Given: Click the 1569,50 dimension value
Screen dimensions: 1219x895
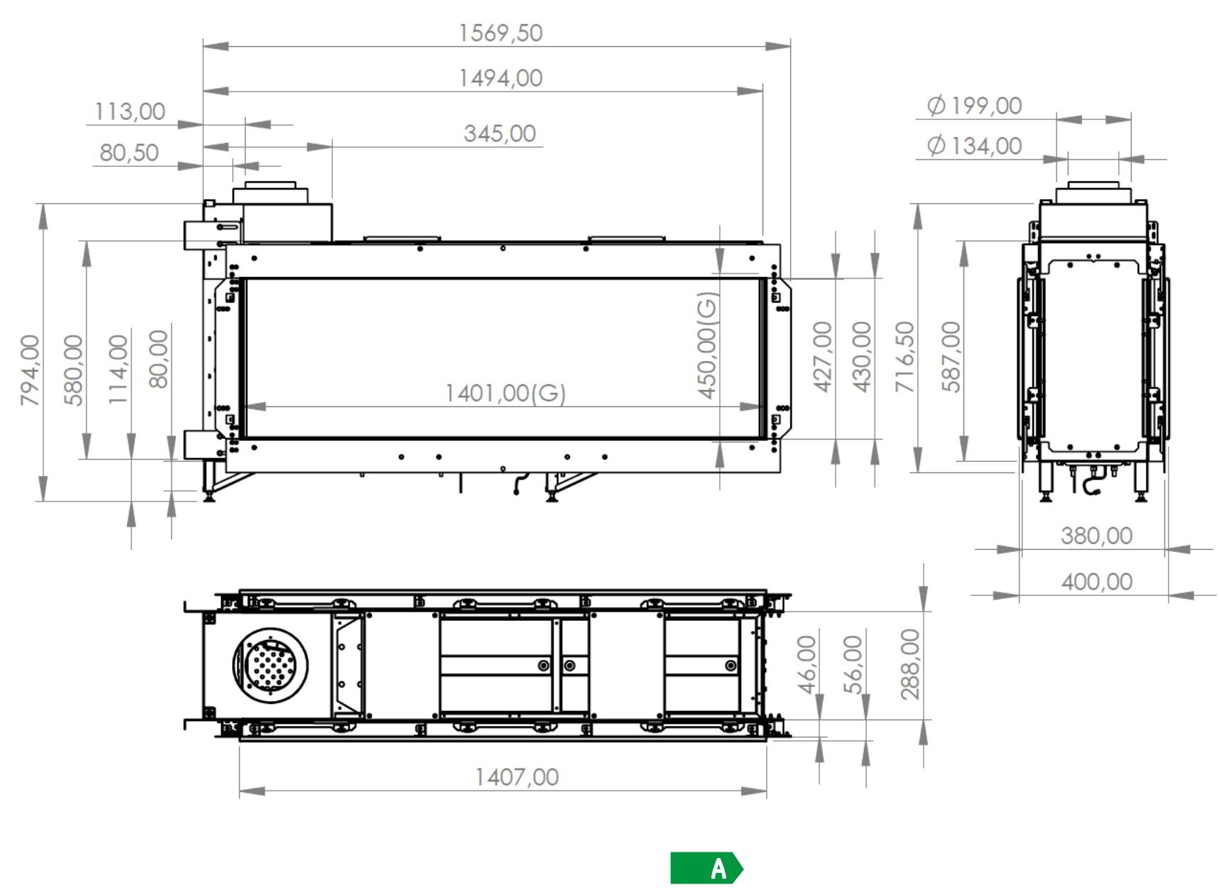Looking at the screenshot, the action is click(x=501, y=33).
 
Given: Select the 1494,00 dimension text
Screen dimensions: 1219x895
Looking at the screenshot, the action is click(x=501, y=77).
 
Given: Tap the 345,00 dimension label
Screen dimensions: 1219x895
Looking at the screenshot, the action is click(x=500, y=134).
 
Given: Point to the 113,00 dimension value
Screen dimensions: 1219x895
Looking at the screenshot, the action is click(x=130, y=112).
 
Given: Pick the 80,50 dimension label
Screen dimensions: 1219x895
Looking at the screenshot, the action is click(x=129, y=153).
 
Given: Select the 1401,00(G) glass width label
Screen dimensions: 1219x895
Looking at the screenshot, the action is click(x=505, y=393).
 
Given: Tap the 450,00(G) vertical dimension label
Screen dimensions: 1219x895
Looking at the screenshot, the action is click(x=708, y=345).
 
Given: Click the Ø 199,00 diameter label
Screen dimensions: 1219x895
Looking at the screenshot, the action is click(x=974, y=106).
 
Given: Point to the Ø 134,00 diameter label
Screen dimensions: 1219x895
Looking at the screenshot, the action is click(x=974, y=146).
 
